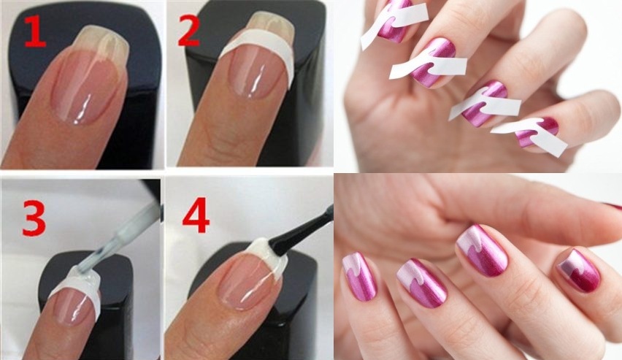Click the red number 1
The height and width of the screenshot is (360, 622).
coord(35,31)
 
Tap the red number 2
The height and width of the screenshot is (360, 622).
coord(188,30)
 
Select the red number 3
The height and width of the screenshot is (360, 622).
coord(34,218)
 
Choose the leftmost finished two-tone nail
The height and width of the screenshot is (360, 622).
coord(360,277)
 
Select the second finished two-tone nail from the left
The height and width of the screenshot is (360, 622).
coord(422,283)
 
